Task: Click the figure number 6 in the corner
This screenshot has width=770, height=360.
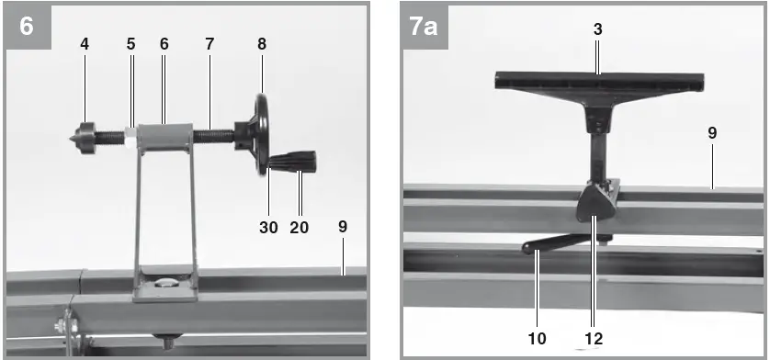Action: click(27, 26)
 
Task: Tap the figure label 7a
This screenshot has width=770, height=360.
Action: click(424, 27)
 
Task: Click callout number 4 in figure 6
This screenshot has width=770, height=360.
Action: click(85, 44)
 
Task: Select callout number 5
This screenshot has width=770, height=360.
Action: click(130, 44)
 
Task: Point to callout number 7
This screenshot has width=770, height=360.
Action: click(209, 44)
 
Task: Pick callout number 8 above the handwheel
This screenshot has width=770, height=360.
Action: click(262, 44)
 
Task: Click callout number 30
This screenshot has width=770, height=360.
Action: click(268, 227)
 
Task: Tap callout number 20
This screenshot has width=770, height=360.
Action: click(299, 227)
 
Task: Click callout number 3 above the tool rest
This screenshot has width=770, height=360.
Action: click(597, 29)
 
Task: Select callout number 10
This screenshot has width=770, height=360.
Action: click(538, 338)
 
